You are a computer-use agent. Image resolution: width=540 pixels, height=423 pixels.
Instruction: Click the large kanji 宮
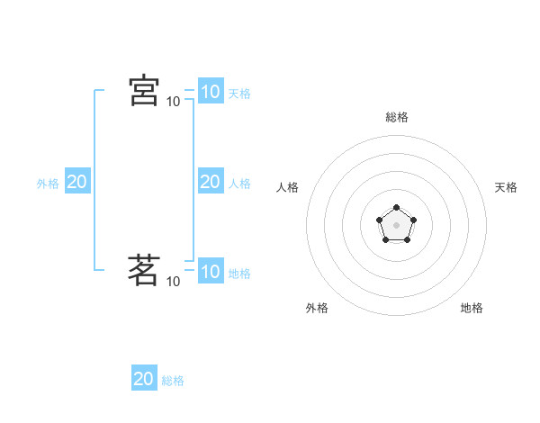click(144, 91)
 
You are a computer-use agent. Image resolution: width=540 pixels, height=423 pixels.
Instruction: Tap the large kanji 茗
click(144, 270)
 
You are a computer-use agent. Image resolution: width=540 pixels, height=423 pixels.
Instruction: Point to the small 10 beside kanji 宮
click(173, 102)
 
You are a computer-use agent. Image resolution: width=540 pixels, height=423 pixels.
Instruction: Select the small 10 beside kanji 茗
click(173, 282)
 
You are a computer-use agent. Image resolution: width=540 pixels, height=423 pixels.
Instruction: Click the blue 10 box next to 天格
click(210, 92)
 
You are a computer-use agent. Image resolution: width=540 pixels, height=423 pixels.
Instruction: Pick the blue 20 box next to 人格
click(210, 182)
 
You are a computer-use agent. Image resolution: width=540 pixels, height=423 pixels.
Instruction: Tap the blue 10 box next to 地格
click(210, 272)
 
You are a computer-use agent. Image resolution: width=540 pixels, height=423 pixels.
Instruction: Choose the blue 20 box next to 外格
click(76, 182)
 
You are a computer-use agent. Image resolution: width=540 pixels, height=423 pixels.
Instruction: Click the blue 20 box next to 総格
click(144, 379)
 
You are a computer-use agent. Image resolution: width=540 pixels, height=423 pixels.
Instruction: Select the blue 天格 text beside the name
click(239, 94)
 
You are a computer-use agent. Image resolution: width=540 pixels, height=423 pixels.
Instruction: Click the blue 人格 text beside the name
click(239, 184)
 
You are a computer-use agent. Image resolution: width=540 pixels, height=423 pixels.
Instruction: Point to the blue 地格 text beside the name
click(239, 274)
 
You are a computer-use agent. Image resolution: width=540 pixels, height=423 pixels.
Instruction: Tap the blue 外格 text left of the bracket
click(48, 184)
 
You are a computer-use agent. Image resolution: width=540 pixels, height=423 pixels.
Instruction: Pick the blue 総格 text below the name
click(173, 381)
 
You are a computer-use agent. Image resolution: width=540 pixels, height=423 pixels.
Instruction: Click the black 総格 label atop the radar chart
click(396, 117)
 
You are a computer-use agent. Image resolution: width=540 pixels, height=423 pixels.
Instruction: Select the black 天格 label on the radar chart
click(507, 187)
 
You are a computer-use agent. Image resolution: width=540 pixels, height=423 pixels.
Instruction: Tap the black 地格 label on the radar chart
click(472, 308)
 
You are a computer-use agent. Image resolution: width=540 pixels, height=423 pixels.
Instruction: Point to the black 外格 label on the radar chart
click(317, 308)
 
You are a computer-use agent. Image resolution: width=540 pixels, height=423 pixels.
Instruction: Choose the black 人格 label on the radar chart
click(287, 187)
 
